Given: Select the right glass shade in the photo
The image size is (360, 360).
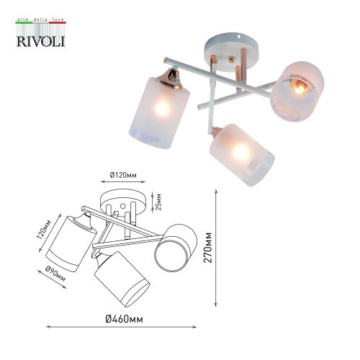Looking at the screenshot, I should tap(297, 89).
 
